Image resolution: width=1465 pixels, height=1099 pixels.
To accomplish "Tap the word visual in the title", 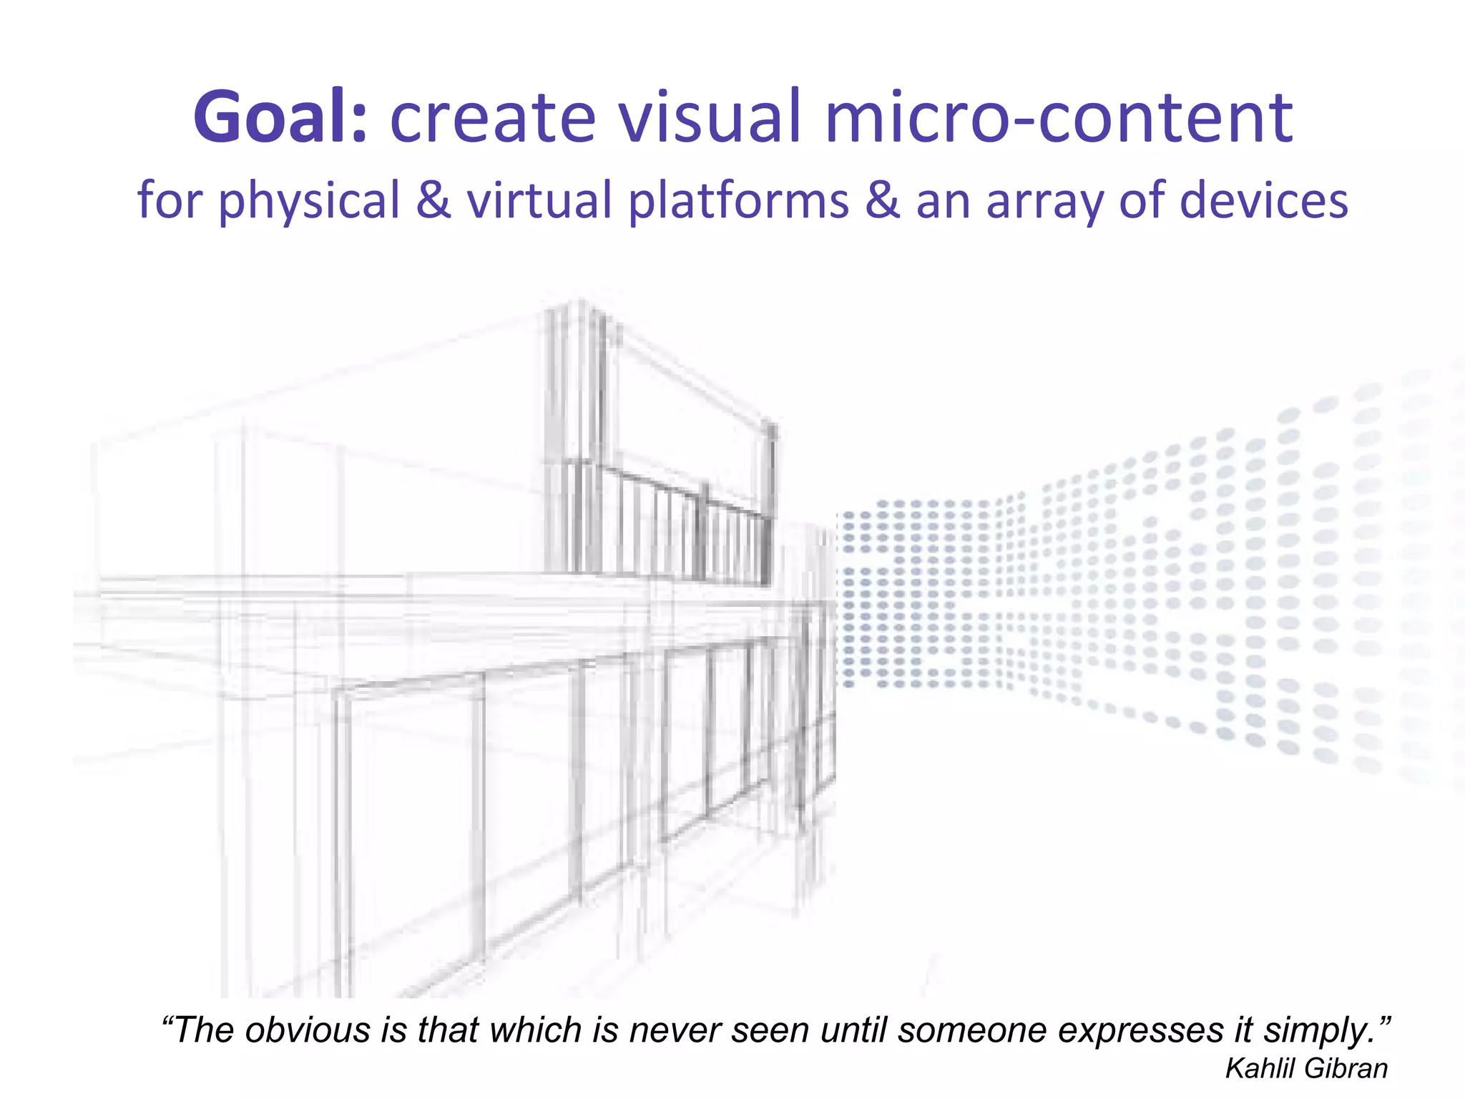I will [709, 117].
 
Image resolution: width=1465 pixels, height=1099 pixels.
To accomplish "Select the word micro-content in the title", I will [1059, 117].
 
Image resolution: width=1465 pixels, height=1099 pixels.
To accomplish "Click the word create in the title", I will [493, 117].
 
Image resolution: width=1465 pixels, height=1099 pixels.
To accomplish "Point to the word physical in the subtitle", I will [309, 201].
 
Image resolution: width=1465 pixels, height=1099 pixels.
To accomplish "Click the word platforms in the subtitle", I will [738, 201].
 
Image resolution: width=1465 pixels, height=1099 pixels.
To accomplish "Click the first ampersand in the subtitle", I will [433, 200].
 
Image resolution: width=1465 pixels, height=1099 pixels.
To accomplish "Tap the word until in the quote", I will [854, 1030].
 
